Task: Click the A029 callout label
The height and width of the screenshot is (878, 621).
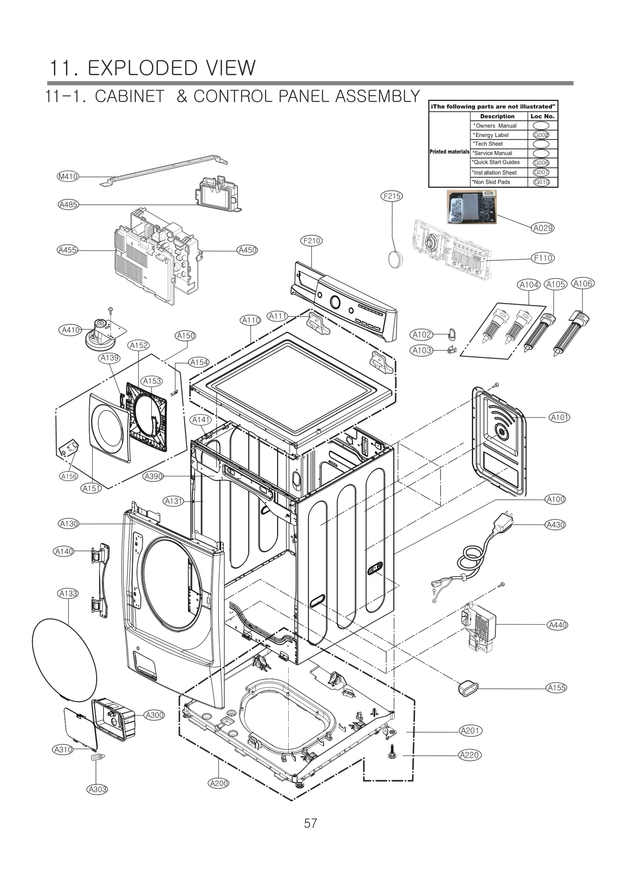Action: click(x=543, y=228)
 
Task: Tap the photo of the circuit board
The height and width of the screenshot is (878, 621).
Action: click(x=471, y=207)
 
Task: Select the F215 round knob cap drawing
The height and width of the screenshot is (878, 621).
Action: click(x=395, y=259)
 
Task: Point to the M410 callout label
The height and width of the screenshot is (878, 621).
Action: click(x=68, y=177)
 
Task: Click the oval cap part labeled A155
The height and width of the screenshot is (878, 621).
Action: click(x=468, y=688)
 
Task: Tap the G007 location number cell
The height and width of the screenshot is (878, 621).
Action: click(x=541, y=172)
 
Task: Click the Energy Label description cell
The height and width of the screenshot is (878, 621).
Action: click(x=498, y=135)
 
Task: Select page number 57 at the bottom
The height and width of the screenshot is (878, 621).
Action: click(x=310, y=823)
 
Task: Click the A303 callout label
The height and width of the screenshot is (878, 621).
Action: click(x=97, y=786)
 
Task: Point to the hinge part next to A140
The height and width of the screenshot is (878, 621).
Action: click(x=99, y=581)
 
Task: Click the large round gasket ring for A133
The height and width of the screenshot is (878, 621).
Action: click(x=64, y=660)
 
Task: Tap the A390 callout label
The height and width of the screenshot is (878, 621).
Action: click(x=153, y=476)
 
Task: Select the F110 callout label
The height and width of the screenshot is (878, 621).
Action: click(x=543, y=258)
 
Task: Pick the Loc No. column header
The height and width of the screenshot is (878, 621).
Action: click(x=542, y=116)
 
